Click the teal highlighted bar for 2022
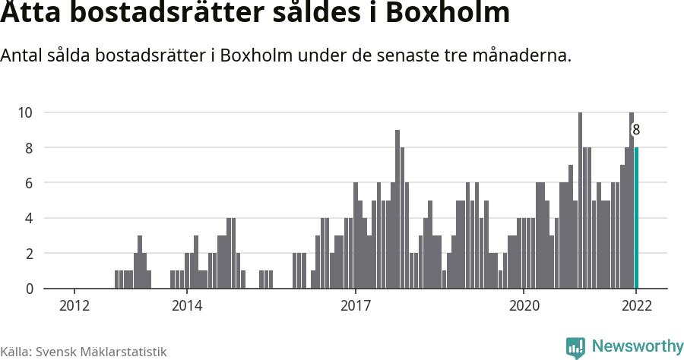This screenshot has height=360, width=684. pos(636,218)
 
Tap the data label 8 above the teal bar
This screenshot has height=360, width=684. pos(636,130)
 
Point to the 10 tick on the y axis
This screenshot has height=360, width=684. pos(25,112)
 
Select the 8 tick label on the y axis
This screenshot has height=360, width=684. pos(28,148)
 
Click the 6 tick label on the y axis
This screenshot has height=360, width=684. pos(28,183)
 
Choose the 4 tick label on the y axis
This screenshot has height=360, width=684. pos(28,219)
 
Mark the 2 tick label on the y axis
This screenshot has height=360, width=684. pos(28,254)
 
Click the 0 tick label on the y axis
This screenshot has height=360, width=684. pos(28,289)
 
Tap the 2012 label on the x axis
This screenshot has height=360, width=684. pos(74,306)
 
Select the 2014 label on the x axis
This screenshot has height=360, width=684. pos(186,306)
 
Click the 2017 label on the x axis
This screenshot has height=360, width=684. pos(355,306)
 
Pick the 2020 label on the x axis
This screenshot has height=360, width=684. pos(524,306)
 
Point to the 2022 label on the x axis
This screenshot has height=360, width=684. pos(636,306)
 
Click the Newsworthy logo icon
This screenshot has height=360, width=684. pos(575,348)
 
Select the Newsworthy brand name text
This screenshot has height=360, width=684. pos(637,347)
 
